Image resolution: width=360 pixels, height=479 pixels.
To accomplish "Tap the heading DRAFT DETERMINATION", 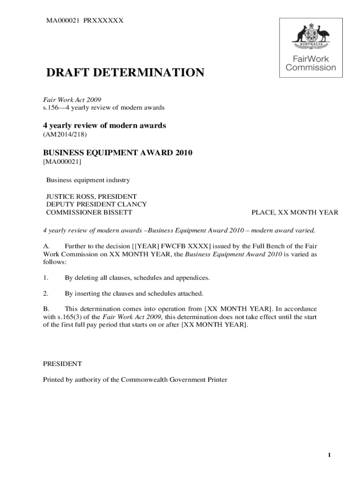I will (124, 73).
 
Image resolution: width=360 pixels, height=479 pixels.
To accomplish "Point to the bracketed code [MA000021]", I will (62, 162).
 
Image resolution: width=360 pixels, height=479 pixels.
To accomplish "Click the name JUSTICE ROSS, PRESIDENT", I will (91, 196).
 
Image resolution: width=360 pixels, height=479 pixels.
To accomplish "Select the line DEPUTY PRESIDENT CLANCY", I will (96, 204).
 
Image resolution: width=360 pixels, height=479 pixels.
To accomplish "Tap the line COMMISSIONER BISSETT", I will (89, 212).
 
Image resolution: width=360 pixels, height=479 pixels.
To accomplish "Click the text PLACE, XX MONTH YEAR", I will (295, 212).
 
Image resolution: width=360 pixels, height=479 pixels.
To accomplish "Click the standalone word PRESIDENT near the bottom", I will (63, 363).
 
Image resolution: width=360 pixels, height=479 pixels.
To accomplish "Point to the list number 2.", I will (46, 293).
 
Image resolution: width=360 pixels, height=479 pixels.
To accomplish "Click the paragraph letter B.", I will (46, 309).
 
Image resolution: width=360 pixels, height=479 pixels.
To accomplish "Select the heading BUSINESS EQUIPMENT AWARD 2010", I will (118, 153).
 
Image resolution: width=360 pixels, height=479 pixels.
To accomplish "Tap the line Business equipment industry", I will (88, 180).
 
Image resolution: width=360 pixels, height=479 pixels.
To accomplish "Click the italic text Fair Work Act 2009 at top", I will (72, 100).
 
